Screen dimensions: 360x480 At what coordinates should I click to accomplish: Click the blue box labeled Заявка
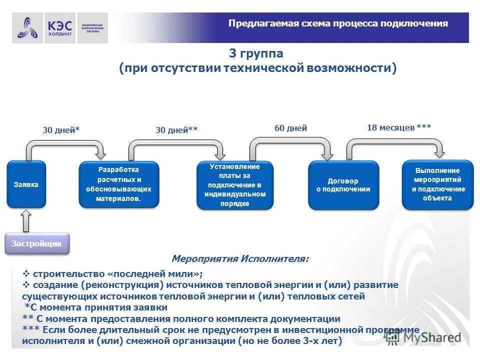pos(26,184)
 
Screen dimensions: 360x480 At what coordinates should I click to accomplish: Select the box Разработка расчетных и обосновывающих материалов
pos(118,184)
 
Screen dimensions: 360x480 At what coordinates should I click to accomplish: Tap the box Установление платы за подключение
pos(235,185)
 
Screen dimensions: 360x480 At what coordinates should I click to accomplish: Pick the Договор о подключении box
pos(343,185)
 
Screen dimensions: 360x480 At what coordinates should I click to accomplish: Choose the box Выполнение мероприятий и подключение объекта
pos(438,185)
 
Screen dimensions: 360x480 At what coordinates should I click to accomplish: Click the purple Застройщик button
pos(37,244)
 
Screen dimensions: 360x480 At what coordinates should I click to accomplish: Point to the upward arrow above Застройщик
pos(26,220)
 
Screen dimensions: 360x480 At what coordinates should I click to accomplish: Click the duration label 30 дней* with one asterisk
pos(61,130)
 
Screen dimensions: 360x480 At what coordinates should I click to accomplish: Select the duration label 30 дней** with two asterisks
pos(176,130)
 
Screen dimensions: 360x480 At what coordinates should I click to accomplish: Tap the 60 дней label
pos(290,128)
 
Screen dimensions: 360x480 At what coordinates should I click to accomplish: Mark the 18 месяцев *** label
pos(399,127)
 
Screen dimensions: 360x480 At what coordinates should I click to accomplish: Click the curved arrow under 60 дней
pos(291,145)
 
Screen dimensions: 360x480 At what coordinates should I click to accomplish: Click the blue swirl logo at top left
pos(27,28)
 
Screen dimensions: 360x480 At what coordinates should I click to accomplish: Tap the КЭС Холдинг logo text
pos(60,27)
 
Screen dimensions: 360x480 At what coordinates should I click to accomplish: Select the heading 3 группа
pos(256,53)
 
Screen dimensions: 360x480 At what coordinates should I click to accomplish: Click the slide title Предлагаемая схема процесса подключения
pos(338,23)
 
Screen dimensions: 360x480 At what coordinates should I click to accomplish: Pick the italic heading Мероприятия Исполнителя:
pos(240,259)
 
